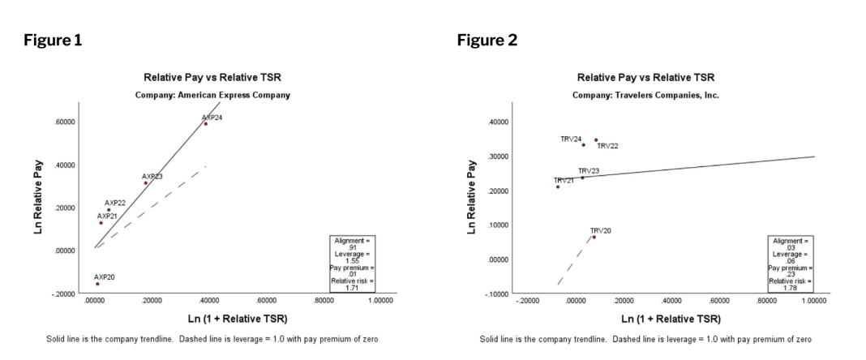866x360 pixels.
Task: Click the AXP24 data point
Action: (206, 124)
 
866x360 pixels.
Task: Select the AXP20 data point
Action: (97, 284)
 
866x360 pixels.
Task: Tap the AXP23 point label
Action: (152, 176)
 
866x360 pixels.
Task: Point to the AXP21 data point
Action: (101, 223)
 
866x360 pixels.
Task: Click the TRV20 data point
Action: (594, 237)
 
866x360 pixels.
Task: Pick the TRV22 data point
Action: (596, 139)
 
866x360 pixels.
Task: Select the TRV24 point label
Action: (571, 139)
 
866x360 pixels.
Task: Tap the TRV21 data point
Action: (558, 186)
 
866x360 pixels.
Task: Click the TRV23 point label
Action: (589, 170)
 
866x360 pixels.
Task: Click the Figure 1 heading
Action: (55, 39)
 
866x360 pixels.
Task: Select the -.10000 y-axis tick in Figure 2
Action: (495, 294)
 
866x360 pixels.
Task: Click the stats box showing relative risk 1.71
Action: (352, 264)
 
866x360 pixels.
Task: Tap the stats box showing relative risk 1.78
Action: (791, 264)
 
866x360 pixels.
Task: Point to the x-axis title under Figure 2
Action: (662, 318)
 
